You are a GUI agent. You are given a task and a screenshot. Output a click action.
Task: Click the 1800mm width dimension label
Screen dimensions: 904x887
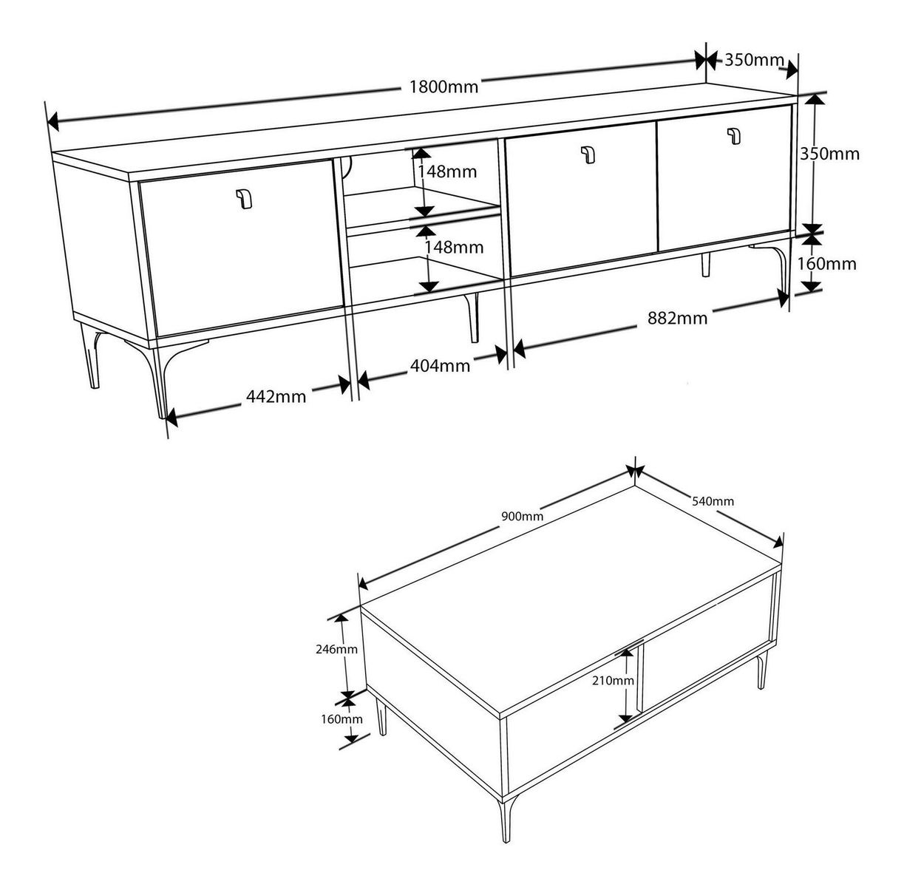[x=443, y=86]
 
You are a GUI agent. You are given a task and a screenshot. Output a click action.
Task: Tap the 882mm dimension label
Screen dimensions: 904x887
[x=677, y=318]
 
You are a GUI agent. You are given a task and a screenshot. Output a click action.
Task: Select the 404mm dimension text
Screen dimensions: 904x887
[x=440, y=366]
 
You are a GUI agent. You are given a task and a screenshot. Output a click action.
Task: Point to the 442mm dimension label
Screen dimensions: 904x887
[x=276, y=397]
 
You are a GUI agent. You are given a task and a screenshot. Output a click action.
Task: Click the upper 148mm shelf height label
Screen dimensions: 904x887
[x=447, y=171]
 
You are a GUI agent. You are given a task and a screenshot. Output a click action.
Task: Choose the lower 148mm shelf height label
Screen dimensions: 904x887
[x=454, y=248]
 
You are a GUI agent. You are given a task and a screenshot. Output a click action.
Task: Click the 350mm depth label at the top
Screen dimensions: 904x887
[x=755, y=60]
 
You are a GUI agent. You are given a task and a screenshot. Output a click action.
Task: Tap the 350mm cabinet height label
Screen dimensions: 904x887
[x=829, y=154]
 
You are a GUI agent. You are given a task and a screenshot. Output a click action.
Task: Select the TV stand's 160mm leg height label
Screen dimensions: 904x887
[x=826, y=264]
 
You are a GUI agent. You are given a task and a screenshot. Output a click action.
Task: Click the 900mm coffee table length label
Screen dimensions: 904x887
[x=522, y=517]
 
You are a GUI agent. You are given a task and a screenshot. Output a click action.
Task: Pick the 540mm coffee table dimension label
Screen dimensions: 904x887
[x=713, y=501]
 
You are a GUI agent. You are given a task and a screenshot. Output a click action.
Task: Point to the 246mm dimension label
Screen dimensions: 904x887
[x=336, y=649]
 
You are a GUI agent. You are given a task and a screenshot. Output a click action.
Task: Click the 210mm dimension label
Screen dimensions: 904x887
[x=613, y=681]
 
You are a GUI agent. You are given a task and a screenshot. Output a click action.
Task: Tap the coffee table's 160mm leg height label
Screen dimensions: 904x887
[x=341, y=719]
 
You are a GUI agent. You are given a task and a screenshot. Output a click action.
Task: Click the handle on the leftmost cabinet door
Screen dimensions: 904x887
[x=244, y=199]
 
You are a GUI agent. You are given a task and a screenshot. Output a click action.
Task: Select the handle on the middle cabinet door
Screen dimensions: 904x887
[x=588, y=154]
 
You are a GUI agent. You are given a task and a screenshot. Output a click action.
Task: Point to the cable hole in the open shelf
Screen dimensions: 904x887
[x=347, y=168]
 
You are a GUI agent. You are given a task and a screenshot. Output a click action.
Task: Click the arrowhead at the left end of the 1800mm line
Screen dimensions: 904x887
[x=52, y=121]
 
